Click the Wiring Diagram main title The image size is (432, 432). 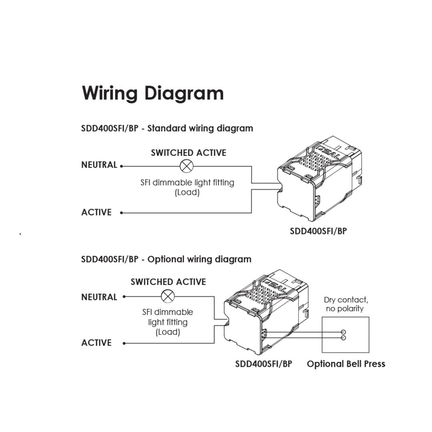(x=153, y=93)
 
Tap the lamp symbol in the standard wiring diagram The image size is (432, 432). (x=186, y=166)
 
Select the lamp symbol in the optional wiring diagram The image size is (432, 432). (x=167, y=297)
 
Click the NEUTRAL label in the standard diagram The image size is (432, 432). (x=99, y=165)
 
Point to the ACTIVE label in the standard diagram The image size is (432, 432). (x=96, y=212)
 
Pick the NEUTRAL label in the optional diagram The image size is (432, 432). (x=99, y=297)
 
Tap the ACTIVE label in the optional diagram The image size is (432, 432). (x=96, y=343)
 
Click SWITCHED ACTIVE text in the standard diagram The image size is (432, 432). (x=188, y=153)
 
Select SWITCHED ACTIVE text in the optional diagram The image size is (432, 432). (x=168, y=282)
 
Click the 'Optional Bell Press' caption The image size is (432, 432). (x=346, y=364)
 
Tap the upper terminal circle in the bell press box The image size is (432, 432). (x=343, y=332)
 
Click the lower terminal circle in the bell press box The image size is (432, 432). (x=343, y=338)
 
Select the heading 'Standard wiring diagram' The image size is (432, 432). (x=200, y=128)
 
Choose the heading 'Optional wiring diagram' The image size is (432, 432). (x=200, y=259)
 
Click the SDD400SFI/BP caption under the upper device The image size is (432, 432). (x=318, y=231)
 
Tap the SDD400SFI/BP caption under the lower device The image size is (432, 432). (x=264, y=364)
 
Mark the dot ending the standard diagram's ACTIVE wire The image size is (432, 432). (x=122, y=213)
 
